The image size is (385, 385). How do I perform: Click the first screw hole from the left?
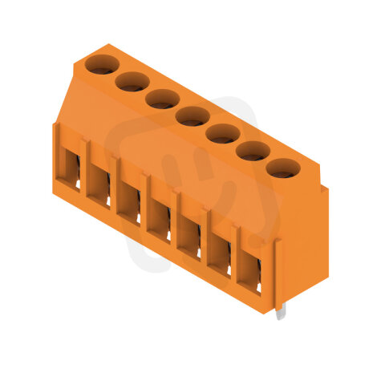[101, 63]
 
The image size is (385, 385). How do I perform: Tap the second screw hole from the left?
[132, 81]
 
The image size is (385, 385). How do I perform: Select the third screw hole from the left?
[162, 99]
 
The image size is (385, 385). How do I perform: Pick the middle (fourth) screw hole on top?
[192, 116]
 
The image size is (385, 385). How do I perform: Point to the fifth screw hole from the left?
[222, 133]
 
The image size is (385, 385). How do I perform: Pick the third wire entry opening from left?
[128, 201]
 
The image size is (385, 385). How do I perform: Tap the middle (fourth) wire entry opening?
[159, 217]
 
